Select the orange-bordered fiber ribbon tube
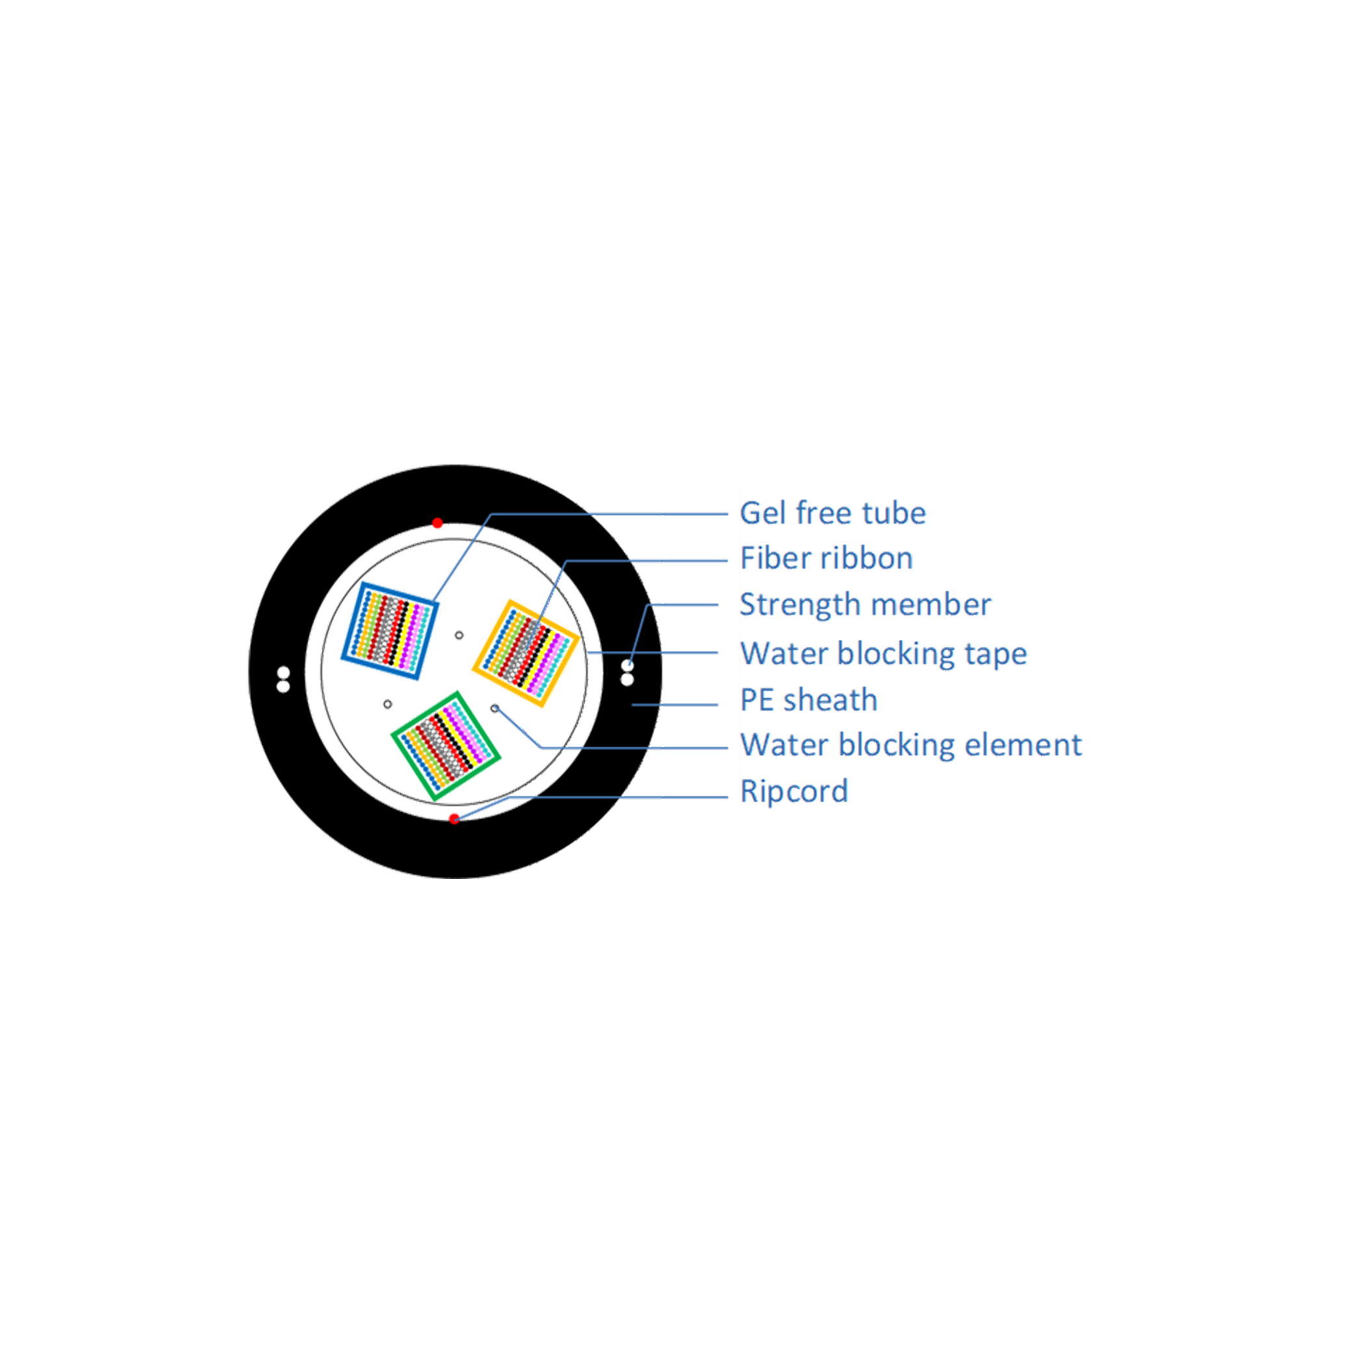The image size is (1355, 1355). tap(526, 652)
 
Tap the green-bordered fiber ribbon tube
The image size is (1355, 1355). tap(446, 746)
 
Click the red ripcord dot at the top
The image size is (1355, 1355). tap(437, 523)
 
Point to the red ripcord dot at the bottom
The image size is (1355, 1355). tap(454, 817)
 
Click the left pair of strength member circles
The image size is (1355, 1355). tap(283, 678)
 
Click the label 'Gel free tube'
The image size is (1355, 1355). tap(833, 514)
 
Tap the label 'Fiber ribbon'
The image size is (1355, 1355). tap(826, 560)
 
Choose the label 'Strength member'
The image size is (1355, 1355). tap(864, 605)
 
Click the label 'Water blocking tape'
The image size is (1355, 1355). tap(883, 655)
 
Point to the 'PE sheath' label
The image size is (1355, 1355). tap(809, 700)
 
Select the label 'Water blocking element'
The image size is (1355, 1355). tap(911, 746)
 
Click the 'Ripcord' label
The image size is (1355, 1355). tap(794, 792)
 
